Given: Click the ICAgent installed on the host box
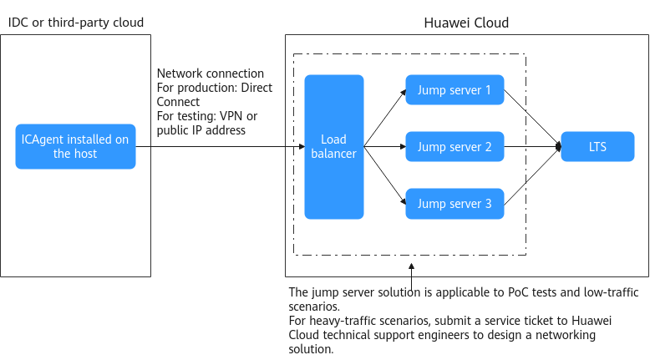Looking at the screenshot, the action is pos(75,146).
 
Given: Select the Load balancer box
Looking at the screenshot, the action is pos(334,147).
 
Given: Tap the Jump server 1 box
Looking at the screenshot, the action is pos(454,90).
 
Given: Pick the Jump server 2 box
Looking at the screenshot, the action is pos(454,147).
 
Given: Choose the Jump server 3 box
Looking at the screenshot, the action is pos(454,204).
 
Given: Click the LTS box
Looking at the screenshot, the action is pos(597,147).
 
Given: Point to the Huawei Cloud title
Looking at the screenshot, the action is pos(466,23).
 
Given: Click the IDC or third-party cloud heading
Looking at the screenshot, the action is pos(76,23).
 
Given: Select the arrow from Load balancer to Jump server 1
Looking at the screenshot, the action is pos(384,118).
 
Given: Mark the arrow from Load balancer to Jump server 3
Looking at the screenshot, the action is pos(384,175).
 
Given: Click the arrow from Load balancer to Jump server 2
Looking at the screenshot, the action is pos(384,147).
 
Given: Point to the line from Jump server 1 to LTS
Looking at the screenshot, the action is pos(533,118).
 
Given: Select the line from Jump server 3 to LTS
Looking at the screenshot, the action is pos(533,175).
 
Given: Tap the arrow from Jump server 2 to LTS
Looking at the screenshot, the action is pos(533,147).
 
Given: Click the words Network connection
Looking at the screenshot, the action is pos(211,74).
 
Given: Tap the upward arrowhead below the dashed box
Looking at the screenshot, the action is pos(411,266).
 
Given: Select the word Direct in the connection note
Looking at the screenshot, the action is pos(256,88).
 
